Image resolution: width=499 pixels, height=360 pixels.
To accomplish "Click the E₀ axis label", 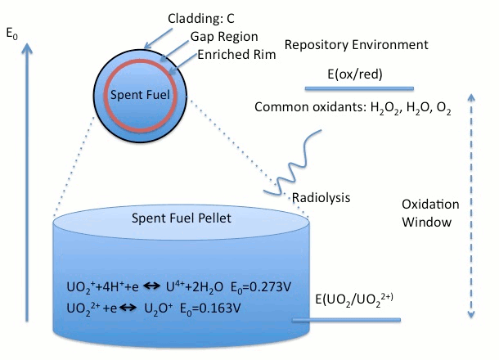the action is pyautogui.click(x=11, y=33).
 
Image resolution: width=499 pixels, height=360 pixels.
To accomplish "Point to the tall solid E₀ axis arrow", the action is pyautogui.click(x=27, y=182).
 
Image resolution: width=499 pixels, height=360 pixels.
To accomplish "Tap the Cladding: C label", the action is pyautogui.click(x=201, y=19).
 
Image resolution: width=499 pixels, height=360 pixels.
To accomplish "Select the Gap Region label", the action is pyautogui.click(x=224, y=37).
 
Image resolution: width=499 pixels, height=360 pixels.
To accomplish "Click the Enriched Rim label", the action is pyautogui.click(x=236, y=55).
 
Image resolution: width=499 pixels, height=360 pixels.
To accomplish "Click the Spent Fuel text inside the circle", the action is pyautogui.click(x=140, y=95).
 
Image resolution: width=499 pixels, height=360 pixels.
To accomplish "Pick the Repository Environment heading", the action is pyautogui.click(x=356, y=44).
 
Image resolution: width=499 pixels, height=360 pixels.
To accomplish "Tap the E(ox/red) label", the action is pyautogui.click(x=355, y=74).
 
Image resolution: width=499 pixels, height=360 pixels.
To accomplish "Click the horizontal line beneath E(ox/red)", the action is pyautogui.click(x=359, y=88).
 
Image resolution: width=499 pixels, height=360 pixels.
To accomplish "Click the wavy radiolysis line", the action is pyautogui.click(x=292, y=162).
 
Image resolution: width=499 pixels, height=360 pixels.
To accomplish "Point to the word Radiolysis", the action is pyautogui.click(x=321, y=198).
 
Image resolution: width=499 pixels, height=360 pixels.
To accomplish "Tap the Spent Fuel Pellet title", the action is pyautogui.click(x=182, y=218).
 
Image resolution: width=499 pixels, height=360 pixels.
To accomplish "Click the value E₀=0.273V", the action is pyautogui.click(x=261, y=287).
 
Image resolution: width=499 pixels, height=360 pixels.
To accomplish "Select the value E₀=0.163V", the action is pyautogui.click(x=210, y=308).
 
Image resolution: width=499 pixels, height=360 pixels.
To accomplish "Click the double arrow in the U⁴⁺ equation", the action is pyautogui.click(x=151, y=286).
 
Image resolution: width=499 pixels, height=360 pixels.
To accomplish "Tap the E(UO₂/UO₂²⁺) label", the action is pyautogui.click(x=354, y=299).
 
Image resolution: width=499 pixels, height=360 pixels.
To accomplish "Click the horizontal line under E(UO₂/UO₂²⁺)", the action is pyautogui.click(x=346, y=320).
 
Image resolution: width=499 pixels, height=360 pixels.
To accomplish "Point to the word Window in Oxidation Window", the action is pyautogui.click(x=426, y=223).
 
